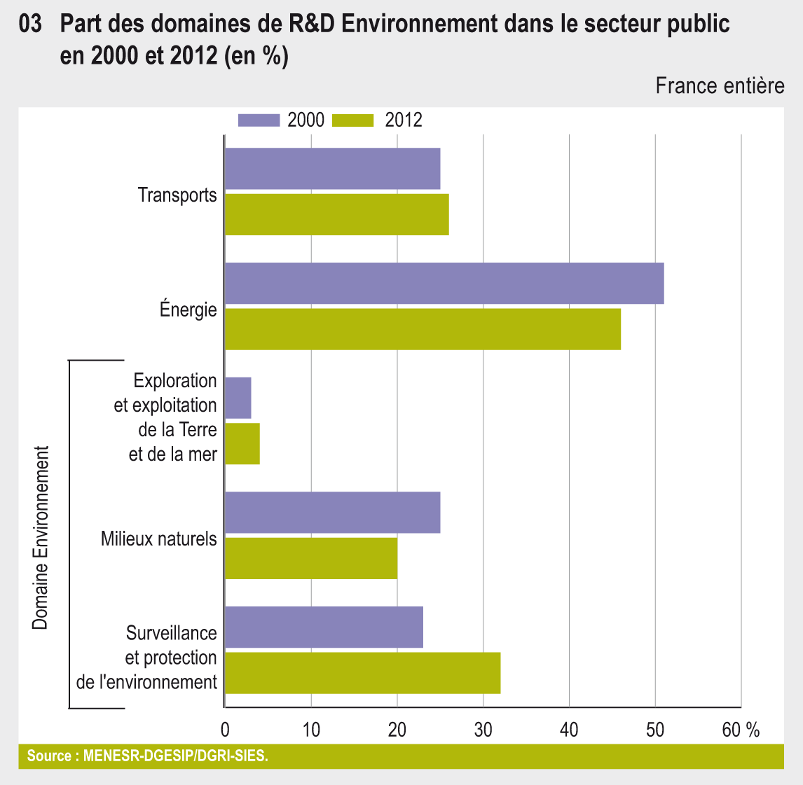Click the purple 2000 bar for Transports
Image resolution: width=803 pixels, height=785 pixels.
pos(332,169)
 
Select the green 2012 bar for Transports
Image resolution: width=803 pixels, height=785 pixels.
pos(336,214)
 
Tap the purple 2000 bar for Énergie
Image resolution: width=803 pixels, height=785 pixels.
pos(444,283)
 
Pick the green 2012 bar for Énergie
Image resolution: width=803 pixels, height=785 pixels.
pos(423,328)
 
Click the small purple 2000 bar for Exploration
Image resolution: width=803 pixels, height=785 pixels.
pos(238,398)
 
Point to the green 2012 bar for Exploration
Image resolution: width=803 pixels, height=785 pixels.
pos(242,443)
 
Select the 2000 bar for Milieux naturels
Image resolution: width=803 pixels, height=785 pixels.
pos(332,513)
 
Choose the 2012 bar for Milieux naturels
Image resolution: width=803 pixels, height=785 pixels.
pos(311,558)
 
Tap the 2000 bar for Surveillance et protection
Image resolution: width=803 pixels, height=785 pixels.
pos(324,627)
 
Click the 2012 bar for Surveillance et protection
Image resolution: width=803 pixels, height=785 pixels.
pos(362,673)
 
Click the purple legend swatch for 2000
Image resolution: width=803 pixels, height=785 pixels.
pos(259,120)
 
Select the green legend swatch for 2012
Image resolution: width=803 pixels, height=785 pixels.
pos(352,120)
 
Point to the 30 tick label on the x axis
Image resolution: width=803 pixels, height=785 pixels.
pos(483,730)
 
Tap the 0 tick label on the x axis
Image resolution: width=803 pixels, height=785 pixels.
pos(225,730)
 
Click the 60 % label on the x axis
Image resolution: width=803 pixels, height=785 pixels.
pos(741,730)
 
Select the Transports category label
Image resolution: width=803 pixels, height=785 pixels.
pos(177,195)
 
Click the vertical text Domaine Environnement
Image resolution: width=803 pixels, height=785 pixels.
pos(41,537)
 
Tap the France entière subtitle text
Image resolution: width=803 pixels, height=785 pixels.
pos(720,86)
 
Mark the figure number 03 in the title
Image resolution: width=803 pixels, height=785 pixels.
pos(31,25)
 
